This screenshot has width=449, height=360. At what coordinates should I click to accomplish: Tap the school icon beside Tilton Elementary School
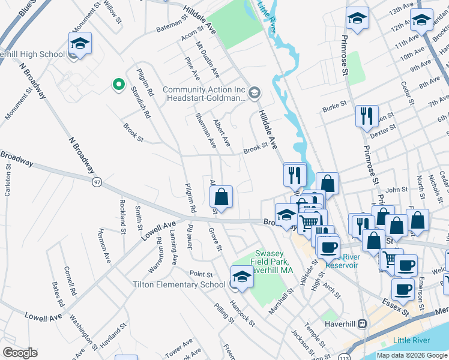click(241, 276)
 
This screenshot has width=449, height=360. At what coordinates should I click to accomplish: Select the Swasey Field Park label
click(273, 262)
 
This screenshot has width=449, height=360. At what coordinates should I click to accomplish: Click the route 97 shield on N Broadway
click(97, 181)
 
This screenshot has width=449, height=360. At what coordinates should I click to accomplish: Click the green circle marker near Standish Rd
click(118, 85)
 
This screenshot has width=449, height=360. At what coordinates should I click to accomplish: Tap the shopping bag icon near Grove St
click(221, 196)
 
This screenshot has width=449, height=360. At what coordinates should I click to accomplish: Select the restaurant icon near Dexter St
click(367, 115)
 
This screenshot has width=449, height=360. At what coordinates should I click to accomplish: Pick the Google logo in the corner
click(20, 353)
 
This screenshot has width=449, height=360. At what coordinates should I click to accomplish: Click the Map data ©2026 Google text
click(411, 355)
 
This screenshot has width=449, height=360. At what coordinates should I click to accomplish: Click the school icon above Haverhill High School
click(80, 43)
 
